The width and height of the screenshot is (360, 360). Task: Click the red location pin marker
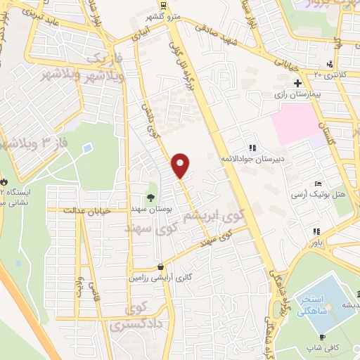(x=181, y=165)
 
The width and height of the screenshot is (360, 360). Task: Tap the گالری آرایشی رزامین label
(x=160, y=278)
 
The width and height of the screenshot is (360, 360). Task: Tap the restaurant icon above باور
(x=317, y=231)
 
